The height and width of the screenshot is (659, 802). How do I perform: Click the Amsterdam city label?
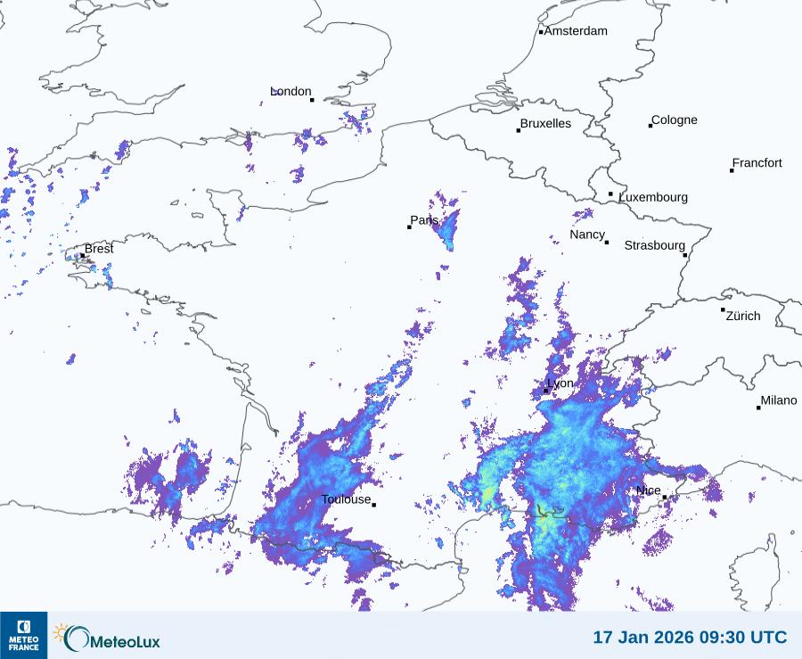tap(576, 31)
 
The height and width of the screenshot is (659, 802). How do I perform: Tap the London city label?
tap(291, 91)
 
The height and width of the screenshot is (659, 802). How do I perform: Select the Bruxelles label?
tap(545, 124)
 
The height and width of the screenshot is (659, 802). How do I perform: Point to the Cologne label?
tap(675, 120)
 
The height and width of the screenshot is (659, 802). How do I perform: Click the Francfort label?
tap(757, 163)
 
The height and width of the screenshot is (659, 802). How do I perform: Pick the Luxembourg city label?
tap(653, 197)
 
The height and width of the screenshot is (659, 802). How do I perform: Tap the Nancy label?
tap(587, 235)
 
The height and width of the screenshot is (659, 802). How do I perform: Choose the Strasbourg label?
tap(654, 245)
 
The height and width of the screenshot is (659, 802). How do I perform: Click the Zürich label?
tap(743, 316)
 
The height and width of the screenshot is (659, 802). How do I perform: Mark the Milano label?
tap(779, 400)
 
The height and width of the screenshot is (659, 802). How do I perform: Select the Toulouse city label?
tap(346, 499)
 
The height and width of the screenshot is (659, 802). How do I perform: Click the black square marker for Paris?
tap(409, 227)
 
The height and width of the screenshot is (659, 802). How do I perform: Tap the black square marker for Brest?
tap(83, 255)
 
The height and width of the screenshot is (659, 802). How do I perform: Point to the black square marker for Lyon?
tap(546, 391)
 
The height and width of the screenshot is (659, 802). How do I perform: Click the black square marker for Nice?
tap(664, 497)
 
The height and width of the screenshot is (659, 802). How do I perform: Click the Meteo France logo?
tap(23, 635)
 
